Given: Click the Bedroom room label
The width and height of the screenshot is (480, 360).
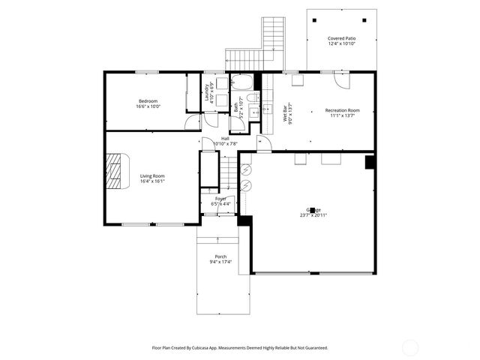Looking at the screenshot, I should (x=148, y=101).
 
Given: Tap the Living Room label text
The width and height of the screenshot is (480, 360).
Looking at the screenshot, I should (x=151, y=175).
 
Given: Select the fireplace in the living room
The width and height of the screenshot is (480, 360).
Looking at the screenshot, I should (x=115, y=171).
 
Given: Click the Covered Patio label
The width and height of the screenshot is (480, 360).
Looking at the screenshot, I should (x=341, y=38).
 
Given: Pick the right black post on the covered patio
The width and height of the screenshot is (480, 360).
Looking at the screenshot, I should (x=365, y=20).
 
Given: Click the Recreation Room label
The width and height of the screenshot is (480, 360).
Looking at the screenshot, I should (x=342, y=110).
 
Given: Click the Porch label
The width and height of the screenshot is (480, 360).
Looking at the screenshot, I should (x=220, y=256).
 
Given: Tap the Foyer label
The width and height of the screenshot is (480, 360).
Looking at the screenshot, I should (x=220, y=198).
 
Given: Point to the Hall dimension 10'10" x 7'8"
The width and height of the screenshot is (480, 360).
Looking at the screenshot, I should (x=225, y=143).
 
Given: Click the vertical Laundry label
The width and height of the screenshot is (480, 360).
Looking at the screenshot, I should (x=207, y=91).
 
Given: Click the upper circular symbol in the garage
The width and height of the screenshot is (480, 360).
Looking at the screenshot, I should (x=244, y=169).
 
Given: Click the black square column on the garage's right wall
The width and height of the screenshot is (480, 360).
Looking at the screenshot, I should (x=369, y=162).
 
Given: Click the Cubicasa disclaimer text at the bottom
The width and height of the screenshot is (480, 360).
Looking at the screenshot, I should (x=240, y=348).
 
